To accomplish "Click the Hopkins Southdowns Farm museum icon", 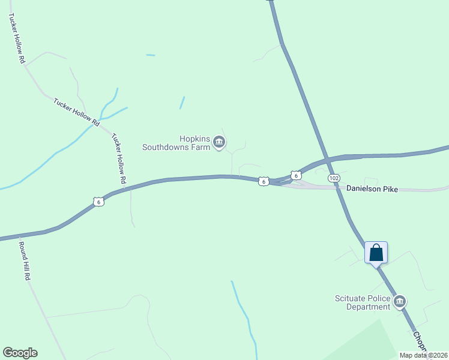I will [219, 142].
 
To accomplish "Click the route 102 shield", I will [334, 179].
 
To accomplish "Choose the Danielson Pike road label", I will [372, 188].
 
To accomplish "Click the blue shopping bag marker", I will [376, 252].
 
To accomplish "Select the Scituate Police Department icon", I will [400, 301].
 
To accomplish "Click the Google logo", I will [20, 353].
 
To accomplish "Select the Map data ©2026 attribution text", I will [423, 355].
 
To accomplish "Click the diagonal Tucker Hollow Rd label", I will [76, 112].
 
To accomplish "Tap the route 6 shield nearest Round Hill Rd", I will [99, 202].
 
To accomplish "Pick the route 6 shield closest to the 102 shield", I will [295, 175].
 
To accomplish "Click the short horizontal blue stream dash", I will [150, 55].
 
